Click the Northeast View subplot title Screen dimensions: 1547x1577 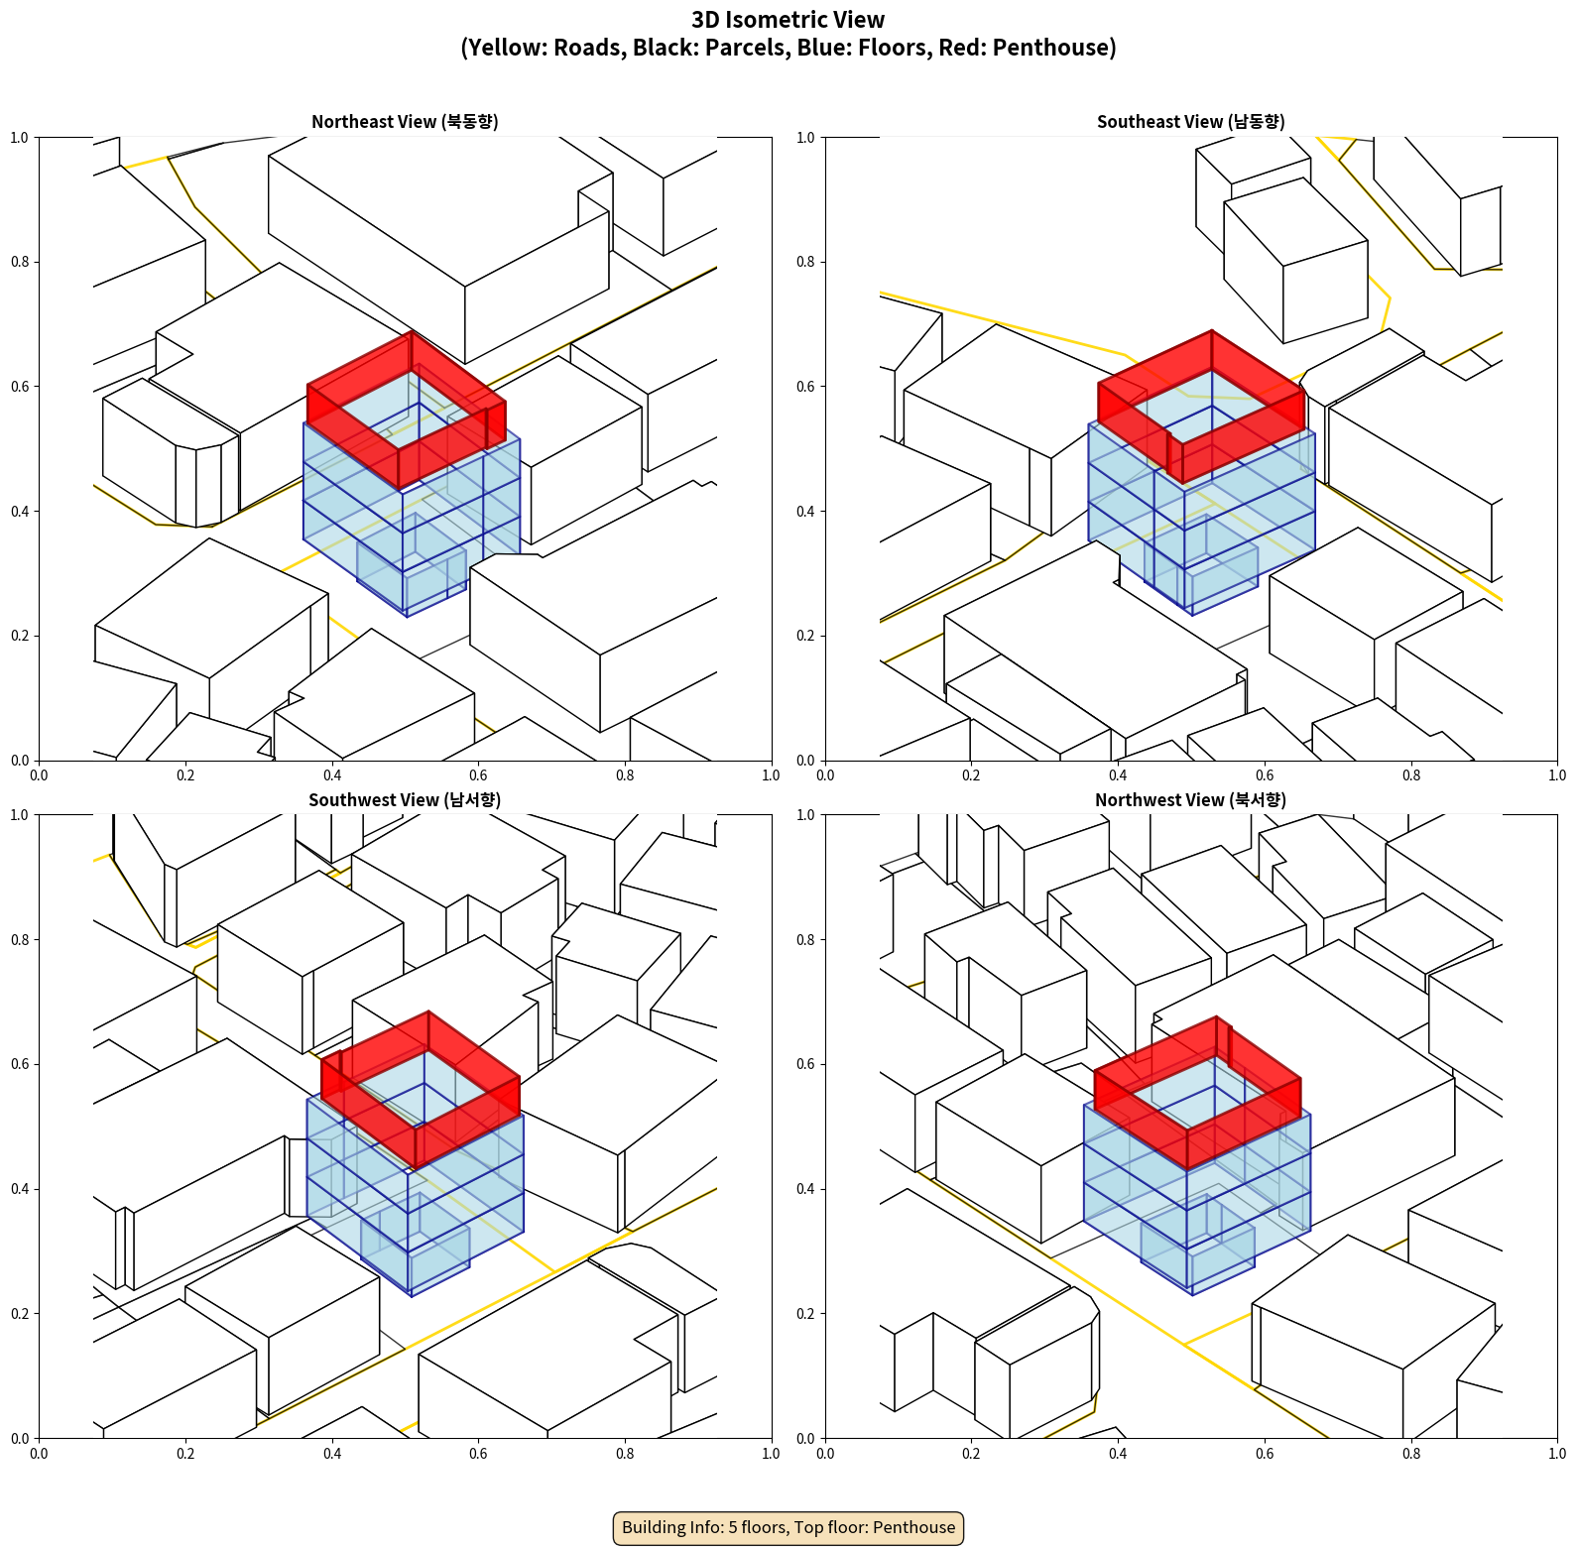tap(405, 122)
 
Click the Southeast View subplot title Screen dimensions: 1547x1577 tap(1190, 122)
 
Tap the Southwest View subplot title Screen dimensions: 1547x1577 tap(405, 800)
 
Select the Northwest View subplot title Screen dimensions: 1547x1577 tap(1190, 800)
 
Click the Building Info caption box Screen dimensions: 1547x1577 tap(788, 1527)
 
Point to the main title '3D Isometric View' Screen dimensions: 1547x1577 tap(788, 20)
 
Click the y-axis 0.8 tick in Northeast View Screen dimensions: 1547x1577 tap(20, 262)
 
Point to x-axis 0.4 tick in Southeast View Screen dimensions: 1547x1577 tap(1118, 775)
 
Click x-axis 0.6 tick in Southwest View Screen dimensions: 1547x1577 tap(478, 1454)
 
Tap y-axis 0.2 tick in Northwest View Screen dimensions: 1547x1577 tap(806, 1313)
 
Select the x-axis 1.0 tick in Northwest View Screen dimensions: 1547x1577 tap(1557, 1454)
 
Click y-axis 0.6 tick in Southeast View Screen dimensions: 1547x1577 tap(806, 387)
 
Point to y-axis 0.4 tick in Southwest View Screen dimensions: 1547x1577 tap(20, 1189)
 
